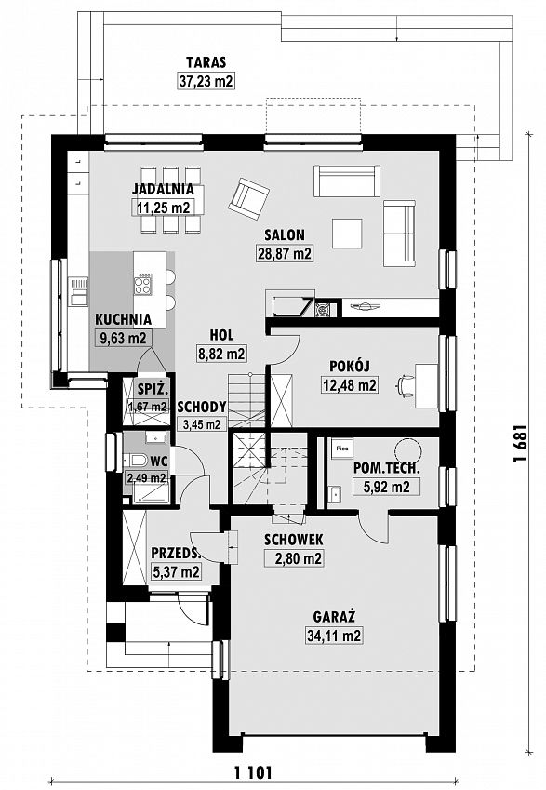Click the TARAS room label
[206, 62]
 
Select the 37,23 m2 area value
[206, 81]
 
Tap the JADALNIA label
[163, 189]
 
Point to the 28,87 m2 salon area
[285, 253]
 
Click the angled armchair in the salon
[248, 198]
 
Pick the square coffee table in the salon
[347, 234]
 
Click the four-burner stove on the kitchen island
[142, 284]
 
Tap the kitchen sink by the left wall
[78, 292]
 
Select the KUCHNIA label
[124, 319]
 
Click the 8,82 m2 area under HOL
[221, 354]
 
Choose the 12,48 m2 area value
[349, 385]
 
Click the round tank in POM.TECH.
[407, 448]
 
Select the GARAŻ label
[334, 617]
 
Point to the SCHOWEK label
[294, 540]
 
